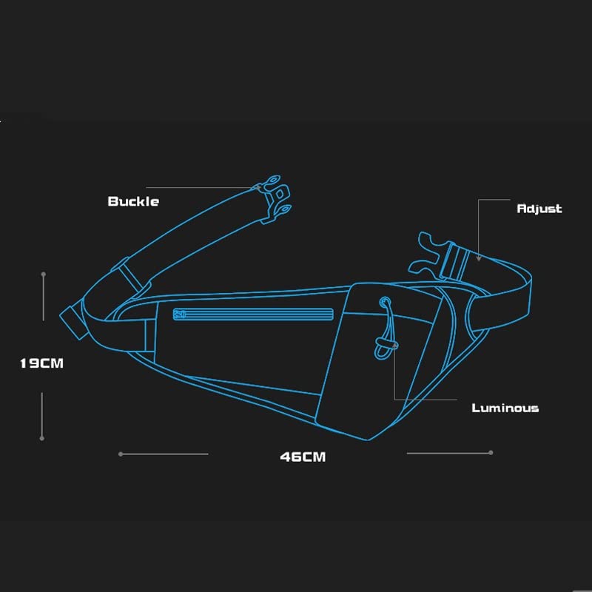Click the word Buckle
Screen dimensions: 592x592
click(133, 201)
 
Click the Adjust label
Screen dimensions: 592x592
click(539, 209)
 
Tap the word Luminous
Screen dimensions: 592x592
click(505, 408)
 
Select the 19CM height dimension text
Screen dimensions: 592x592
click(42, 363)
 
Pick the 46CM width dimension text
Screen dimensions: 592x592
click(303, 457)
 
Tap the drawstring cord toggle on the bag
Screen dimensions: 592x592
click(385, 345)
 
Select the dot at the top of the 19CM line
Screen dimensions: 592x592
click(44, 275)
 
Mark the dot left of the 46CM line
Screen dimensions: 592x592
click(121, 454)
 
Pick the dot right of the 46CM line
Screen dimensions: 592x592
click(491, 452)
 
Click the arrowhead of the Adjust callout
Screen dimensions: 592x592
click(478, 258)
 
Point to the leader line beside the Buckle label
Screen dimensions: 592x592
click(200, 187)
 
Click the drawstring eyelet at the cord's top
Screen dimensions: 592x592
click(385, 302)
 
